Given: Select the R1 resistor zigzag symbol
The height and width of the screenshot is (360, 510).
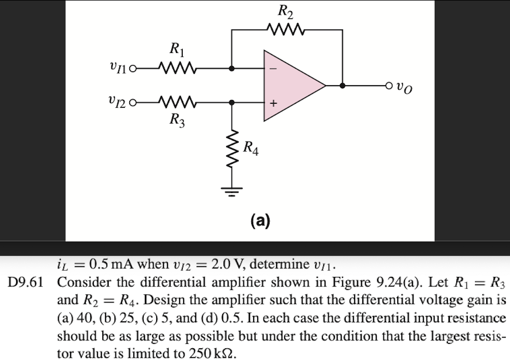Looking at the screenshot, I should pos(176,69).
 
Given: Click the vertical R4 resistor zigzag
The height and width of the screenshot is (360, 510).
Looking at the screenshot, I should pos(232,148).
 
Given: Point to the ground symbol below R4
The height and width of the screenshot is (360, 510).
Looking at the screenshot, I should pos(232,190).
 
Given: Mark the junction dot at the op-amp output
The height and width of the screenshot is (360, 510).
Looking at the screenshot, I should pos(343,85).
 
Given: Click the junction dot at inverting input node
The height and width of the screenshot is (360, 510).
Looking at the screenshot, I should pos(232,69).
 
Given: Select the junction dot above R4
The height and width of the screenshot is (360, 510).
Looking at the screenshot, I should pos(232,102).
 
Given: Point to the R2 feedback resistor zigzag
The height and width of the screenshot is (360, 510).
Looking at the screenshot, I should pos(286,31).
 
